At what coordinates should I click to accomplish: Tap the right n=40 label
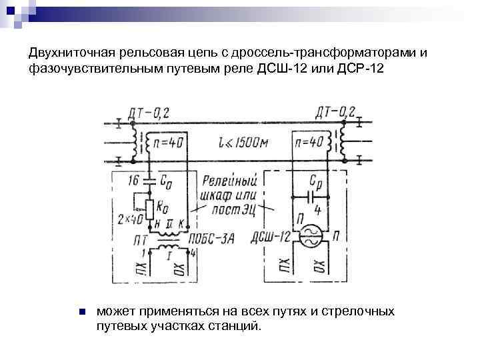pyautogui.click(x=309, y=142)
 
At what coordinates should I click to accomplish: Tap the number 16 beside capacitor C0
pyautogui.click(x=133, y=179)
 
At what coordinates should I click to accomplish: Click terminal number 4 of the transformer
pyautogui.click(x=193, y=251)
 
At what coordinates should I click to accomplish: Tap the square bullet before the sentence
pyautogui.click(x=81, y=312)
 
